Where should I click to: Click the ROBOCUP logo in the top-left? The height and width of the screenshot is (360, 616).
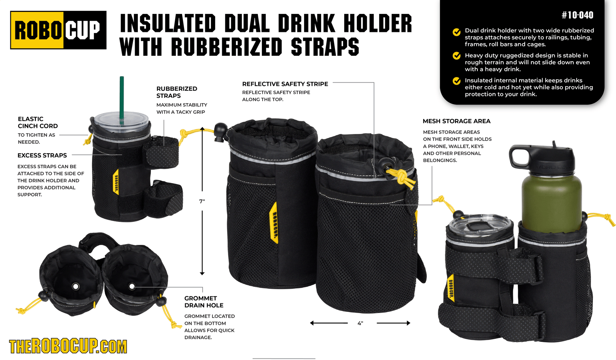pyautogui.click(x=58, y=30)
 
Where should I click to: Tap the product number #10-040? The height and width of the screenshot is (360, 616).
pyautogui.click(x=577, y=15)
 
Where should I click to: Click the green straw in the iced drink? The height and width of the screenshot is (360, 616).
pyautogui.click(x=122, y=96)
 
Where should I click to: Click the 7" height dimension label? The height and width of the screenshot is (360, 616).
pyautogui.click(x=202, y=201)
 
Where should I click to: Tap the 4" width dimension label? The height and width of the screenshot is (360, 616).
pyautogui.click(x=360, y=323)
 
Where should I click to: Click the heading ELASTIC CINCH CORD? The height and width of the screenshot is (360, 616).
pyautogui.click(x=38, y=122)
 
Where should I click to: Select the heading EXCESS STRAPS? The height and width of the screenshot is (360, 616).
pyautogui.click(x=42, y=156)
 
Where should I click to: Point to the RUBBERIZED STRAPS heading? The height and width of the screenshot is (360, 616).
pyautogui.click(x=177, y=92)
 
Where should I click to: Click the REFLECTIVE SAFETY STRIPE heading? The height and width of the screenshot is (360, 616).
pyautogui.click(x=285, y=84)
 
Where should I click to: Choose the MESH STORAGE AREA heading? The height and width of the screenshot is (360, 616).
pyautogui.click(x=456, y=121)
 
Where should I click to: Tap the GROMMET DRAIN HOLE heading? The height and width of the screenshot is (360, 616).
pyautogui.click(x=204, y=302)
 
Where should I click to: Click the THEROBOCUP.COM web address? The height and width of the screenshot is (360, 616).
pyautogui.click(x=68, y=347)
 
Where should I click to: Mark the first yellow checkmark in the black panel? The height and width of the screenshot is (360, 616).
pyautogui.click(x=457, y=32)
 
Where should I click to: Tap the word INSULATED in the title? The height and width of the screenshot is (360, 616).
pyautogui.click(x=168, y=23)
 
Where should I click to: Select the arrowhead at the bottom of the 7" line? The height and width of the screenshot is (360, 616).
pyautogui.click(x=202, y=273)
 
